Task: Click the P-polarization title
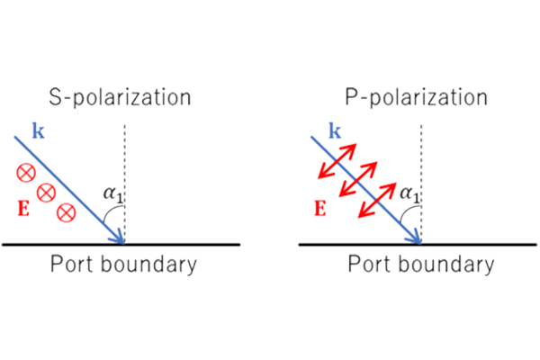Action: [416, 96]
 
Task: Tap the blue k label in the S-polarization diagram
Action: [37, 131]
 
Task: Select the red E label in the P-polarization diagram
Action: [318, 210]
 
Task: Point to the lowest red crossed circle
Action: [66, 212]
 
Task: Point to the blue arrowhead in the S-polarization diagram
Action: [119, 238]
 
